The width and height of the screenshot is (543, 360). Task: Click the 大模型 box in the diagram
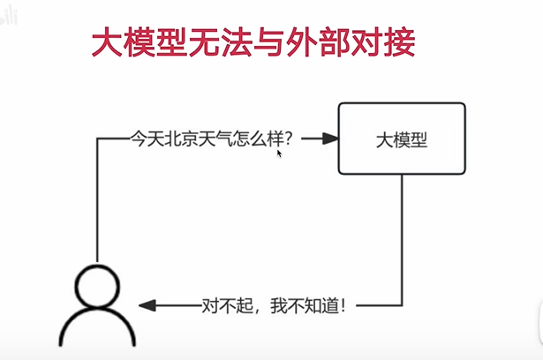pos(403,139)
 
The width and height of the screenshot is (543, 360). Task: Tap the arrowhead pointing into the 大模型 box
pos(331,139)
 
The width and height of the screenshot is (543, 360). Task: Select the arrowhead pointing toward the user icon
pos(147,306)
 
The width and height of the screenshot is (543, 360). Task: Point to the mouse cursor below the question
pos(279,154)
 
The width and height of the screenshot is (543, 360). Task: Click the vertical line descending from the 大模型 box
pos(403,238)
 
